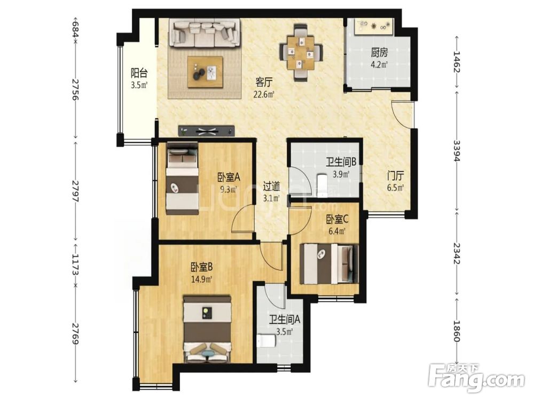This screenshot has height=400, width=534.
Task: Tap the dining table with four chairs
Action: (x=301, y=53)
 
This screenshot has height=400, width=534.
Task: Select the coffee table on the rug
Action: (x=206, y=72)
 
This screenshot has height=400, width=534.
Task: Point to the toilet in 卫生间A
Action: (x=266, y=341)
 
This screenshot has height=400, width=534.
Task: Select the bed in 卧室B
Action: (x=207, y=329)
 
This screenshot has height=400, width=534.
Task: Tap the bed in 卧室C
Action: (x=329, y=263)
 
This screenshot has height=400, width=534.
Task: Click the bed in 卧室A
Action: (x=183, y=179)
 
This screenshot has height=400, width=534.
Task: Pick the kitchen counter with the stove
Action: (x=374, y=27)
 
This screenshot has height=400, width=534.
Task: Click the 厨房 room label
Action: (x=379, y=53)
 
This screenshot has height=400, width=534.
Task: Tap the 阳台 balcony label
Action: (x=139, y=73)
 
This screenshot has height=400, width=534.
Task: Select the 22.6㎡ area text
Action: (x=264, y=94)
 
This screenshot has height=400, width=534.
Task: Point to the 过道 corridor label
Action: (x=271, y=186)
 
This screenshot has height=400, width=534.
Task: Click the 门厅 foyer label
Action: (x=395, y=176)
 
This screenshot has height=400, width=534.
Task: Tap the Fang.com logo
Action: (x=477, y=378)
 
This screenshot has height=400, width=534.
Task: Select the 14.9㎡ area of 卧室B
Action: (x=202, y=279)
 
